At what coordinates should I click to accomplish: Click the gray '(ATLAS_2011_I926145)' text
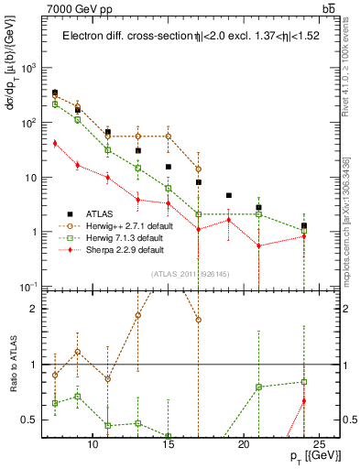[x=184, y=274]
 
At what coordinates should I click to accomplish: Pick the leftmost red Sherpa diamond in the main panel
[x=55, y=143]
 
